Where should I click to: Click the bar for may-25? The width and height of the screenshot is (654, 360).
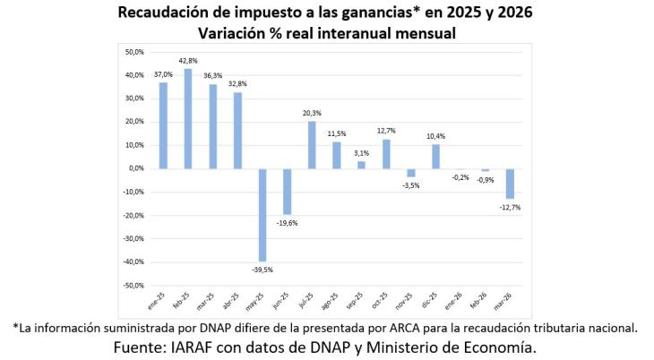[x=262, y=214]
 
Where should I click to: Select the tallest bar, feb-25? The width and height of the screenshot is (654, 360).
[x=188, y=118]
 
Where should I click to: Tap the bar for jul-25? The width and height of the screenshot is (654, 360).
[x=312, y=144]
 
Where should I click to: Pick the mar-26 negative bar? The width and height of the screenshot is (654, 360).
[x=510, y=183]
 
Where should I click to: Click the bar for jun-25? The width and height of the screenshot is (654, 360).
[x=288, y=191]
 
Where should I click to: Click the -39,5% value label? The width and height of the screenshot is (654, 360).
[x=262, y=269]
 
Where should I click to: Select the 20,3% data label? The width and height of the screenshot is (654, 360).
[x=312, y=113]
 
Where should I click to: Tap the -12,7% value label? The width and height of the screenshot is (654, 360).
[x=510, y=207]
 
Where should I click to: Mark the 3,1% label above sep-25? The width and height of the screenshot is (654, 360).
[x=362, y=153]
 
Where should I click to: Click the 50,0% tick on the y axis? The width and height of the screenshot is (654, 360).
[x=133, y=52]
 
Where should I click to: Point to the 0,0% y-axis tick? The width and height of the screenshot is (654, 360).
[x=135, y=168]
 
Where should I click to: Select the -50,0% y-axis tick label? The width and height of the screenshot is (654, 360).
[x=133, y=285]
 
